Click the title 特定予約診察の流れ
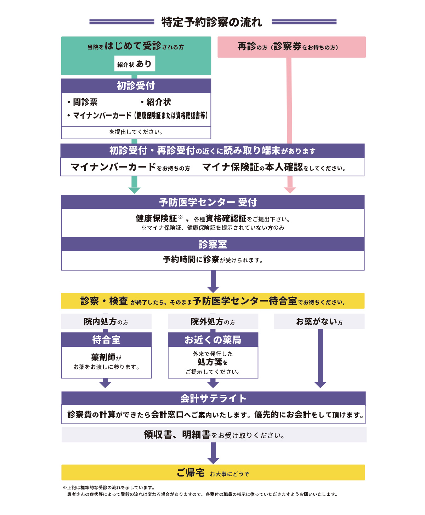point(212,22)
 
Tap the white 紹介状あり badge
point(135,64)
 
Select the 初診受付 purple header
point(136,86)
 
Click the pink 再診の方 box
point(291,47)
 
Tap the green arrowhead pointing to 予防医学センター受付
point(134,190)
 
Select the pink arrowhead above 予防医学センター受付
point(290,190)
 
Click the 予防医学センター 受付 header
point(212,202)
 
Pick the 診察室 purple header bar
point(212,244)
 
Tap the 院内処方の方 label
point(106,322)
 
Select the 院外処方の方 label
point(213,322)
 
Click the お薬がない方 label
point(319,322)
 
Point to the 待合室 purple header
point(106,340)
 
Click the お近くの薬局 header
point(213,340)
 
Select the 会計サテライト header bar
point(213,398)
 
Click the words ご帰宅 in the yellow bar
point(191,473)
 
